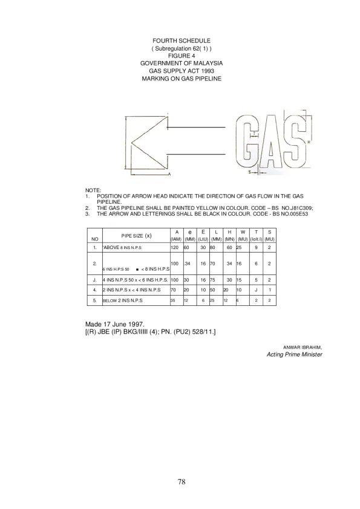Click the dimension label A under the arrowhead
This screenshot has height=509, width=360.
[169, 174]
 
